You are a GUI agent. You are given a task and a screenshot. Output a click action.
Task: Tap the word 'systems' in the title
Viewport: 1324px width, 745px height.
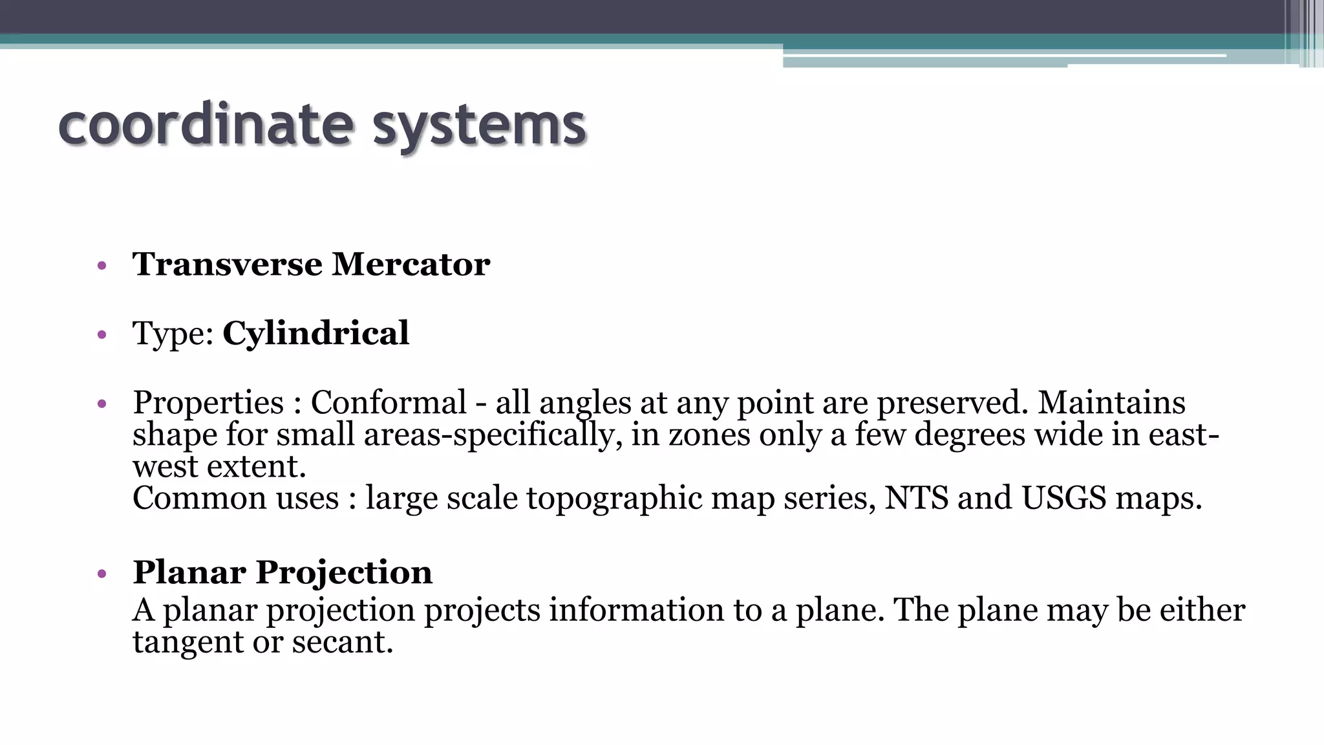[x=479, y=126]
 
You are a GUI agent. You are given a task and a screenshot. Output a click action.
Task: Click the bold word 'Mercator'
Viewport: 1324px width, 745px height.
[x=411, y=265]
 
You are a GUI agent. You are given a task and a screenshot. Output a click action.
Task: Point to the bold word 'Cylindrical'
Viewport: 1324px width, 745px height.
[x=315, y=333]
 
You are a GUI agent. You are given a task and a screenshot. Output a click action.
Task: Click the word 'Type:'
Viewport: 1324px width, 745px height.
[x=173, y=334]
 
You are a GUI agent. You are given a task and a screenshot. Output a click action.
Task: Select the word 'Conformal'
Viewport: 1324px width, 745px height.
[x=389, y=402]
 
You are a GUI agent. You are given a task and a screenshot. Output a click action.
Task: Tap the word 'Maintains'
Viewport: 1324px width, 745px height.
[x=1111, y=402]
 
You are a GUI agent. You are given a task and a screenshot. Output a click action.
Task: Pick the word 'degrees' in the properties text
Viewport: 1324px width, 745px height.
[x=970, y=434]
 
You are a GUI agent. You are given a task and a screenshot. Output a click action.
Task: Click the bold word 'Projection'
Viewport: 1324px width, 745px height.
[x=344, y=573]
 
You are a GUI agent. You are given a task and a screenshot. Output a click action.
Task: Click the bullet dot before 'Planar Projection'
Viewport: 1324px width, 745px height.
[x=101, y=574]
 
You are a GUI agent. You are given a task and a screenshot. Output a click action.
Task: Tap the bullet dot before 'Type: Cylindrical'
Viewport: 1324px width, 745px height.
[x=101, y=335]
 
